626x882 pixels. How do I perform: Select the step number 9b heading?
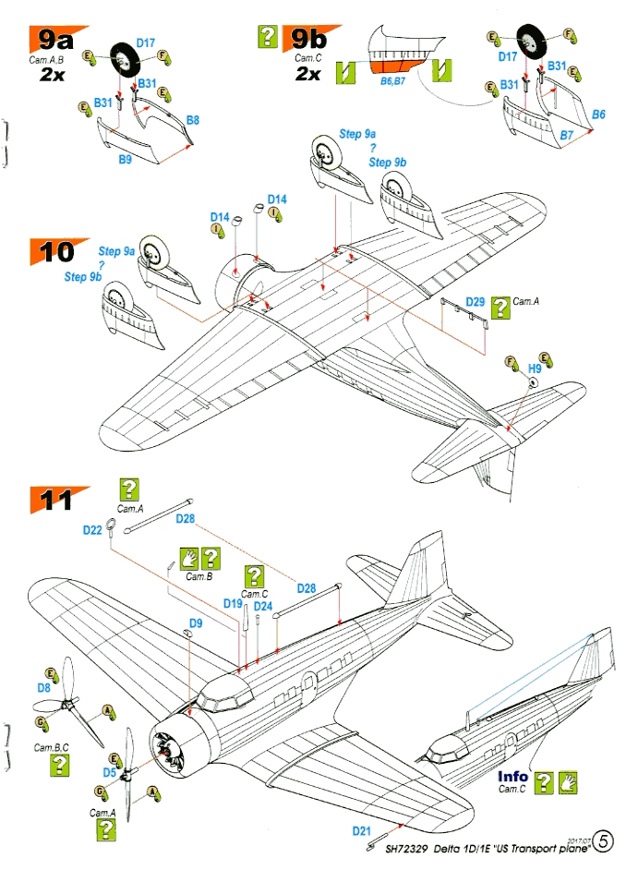click(x=307, y=38)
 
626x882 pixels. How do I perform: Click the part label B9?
click(x=126, y=160)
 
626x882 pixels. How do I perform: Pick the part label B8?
click(x=193, y=120)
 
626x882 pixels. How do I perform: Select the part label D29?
click(x=475, y=301)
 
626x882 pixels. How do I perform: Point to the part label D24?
click(x=263, y=606)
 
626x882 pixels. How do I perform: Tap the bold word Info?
click(x=512, y=777)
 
